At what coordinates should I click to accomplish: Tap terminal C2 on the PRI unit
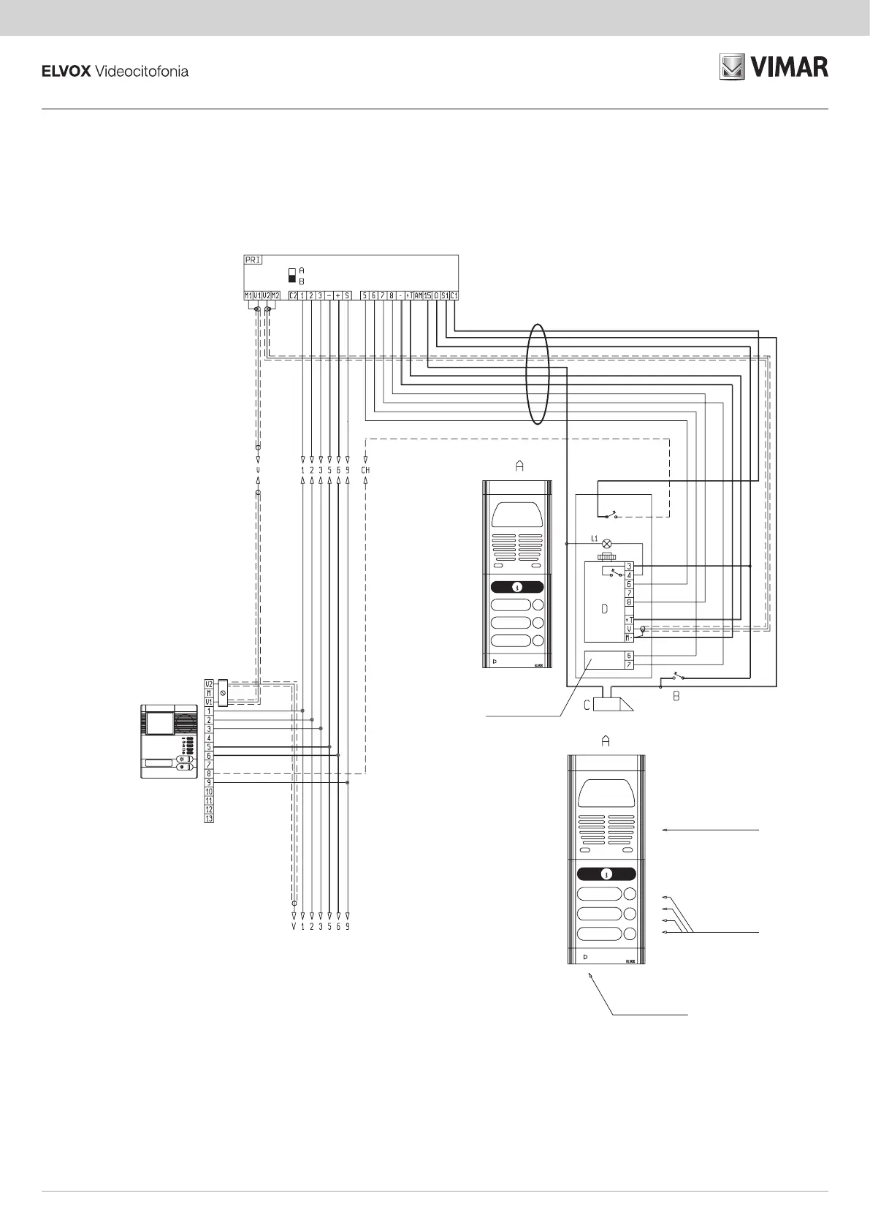pyautogui.click(x=293, y=295)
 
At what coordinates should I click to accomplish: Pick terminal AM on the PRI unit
pyautogui.click(x=419, y=295)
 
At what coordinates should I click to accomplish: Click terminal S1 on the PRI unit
pyautogui.click(x=445, y=295)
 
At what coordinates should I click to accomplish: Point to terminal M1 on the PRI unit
pyautogui.click(x=248, y=295)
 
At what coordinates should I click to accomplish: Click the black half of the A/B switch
pyautogui.click(x=292, y=279)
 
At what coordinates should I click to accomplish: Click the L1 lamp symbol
pyautogui.click(x=606, y=544)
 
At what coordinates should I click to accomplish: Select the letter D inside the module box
pyautogui.click(x=603, y=609)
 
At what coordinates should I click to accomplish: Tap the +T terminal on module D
pyautogui.click(x=629, y=619)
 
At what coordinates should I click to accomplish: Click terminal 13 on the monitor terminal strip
pyautogui.click(x=209, y=819)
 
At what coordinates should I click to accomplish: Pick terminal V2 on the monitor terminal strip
pyautogui.click(x=209, y=684)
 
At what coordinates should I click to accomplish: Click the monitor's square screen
pyautogui.click(x=160, y=724)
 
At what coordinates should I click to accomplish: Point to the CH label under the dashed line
pyautogui.click(x=365, y=470)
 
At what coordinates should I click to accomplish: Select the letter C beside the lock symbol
pyautogui.click(x=586, y=705)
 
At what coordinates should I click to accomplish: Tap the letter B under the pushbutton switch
pyautogui.click(x=676, y=697)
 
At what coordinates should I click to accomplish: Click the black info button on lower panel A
pyautogui.click(x=606, y=874)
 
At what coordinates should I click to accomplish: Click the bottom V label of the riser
pyautogui.click(x=294, y=927)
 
